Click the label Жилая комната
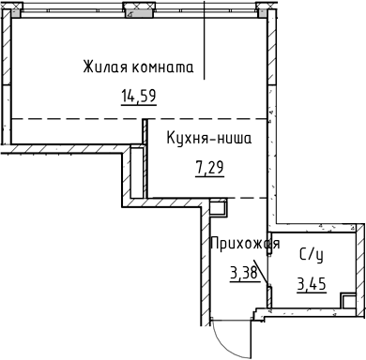point(137,67)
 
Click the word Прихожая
point(244,245)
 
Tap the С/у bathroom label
point(311,254)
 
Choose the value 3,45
point(311,284)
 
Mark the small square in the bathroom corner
point(347,302)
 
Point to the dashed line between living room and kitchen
point(75,119)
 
